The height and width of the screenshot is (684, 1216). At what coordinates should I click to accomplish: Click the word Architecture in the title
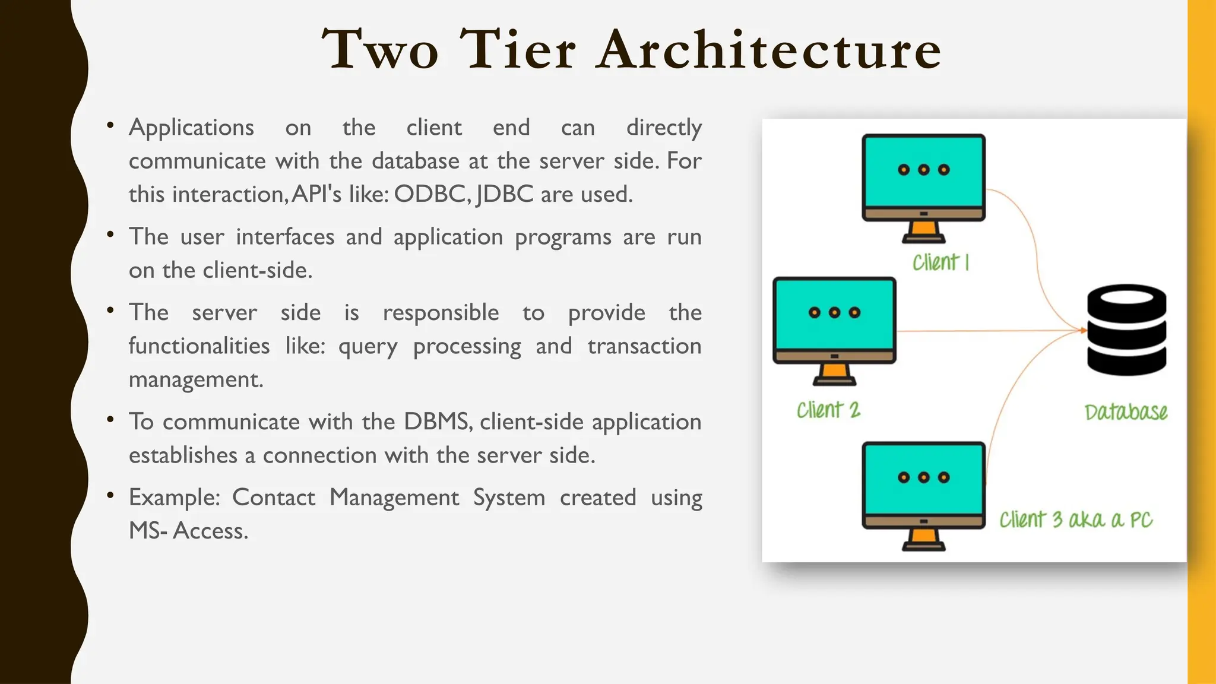[x=769, y=50]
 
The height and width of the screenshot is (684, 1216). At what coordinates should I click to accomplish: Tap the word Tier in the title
[x=517, y=50]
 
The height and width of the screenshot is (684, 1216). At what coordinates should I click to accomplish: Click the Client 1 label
[x=940, y=262]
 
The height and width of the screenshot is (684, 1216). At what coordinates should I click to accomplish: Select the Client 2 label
[x=828, y=410]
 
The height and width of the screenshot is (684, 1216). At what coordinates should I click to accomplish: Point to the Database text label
[x=1126, y=412]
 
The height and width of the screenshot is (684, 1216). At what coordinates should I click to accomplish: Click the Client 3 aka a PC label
[x=1075, y=520]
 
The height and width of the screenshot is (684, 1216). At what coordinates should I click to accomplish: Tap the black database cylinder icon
[x=1126, y=330]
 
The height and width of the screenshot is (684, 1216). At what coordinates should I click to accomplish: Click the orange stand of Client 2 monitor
[x=834, y=373]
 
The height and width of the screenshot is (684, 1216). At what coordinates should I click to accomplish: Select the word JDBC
[x=505, y=194]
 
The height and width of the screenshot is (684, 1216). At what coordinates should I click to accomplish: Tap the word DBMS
[x=438, y=422]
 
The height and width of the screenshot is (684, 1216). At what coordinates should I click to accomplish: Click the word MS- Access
[x=188, y=531]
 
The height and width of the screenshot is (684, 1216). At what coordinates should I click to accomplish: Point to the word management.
[x=196, y=379]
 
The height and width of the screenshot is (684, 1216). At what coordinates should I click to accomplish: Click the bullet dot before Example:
[x=110, y=495]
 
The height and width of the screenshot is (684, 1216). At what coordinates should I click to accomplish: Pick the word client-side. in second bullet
[x=257, y=270]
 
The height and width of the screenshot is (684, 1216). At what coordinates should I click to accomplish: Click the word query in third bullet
[x=368, y=346]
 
